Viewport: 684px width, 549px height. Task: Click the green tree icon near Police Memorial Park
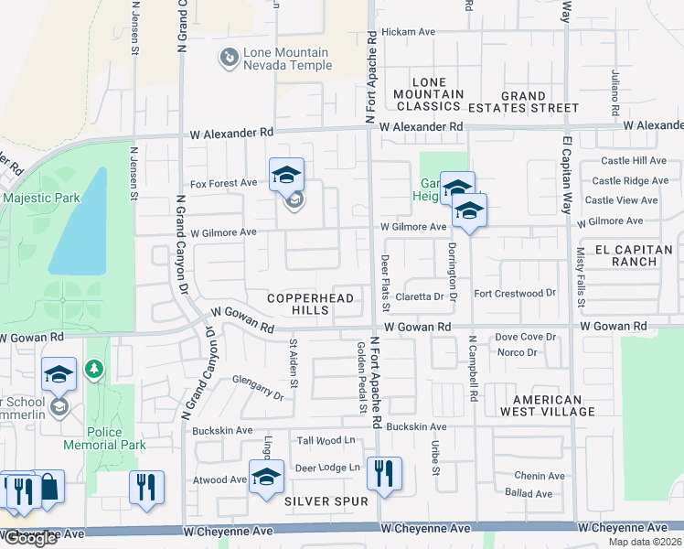coord(92,370)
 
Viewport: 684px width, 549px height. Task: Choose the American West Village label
coord(548,406)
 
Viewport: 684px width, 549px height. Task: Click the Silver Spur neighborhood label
coord(326,501)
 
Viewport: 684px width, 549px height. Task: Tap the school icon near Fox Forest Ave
coord(286,174)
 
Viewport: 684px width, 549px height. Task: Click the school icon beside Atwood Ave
coord(266,478)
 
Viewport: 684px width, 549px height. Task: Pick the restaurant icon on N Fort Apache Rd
coord(384,473)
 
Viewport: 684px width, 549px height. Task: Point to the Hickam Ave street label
coord(408,31)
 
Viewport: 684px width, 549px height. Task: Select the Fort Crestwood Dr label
coord(515,293)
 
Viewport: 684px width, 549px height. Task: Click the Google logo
coord(30,538)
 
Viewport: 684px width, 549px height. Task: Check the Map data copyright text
coord(645,542)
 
